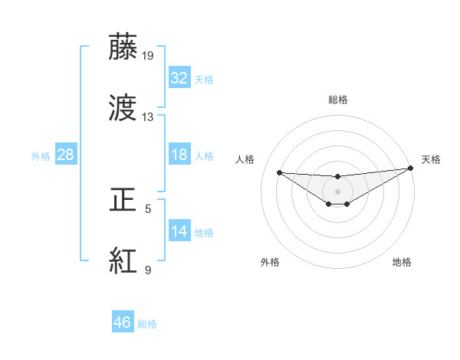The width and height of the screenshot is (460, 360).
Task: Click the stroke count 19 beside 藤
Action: tap(148, 56)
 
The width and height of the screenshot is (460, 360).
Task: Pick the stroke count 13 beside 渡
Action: tap(148, 117)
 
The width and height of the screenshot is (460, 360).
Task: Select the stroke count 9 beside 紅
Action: tap(148, 270)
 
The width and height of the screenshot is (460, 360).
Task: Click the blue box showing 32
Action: tap(179, 78)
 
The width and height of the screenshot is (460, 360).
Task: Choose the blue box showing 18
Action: tap(179, 155)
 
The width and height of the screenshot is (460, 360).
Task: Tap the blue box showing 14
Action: tap(179, 231)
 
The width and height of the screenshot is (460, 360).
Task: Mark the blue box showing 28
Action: tap(66, 155)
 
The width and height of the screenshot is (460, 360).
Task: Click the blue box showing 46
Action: tap(123, 322)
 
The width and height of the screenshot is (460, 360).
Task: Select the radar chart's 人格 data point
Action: tap(279, 172)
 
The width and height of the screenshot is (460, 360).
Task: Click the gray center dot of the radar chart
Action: tap(338, 191)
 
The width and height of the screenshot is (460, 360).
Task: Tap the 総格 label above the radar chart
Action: tap(338, 100)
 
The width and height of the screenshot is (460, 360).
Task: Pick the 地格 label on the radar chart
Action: tap(402, 262)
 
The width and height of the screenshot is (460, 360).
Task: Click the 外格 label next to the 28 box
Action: tap(41, 155)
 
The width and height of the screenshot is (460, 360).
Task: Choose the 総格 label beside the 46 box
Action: tap(147, 324)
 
